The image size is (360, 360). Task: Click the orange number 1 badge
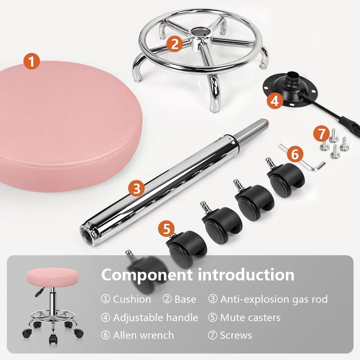32,61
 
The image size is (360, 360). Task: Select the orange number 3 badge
136,188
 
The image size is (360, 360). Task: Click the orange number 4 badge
275,101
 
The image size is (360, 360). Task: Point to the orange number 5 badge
166,229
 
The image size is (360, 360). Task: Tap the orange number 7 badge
321,134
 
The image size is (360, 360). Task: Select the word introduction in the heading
246,275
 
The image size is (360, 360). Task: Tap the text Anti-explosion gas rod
274,299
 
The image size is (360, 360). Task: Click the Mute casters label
250,318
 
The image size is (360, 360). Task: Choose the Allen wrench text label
143,335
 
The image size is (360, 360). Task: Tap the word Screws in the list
236,335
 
